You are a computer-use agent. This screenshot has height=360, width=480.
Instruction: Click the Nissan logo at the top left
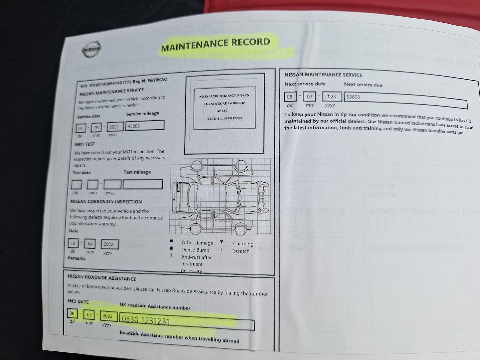click(92, 49)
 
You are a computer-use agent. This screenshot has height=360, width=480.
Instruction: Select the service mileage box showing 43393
click(145, 125)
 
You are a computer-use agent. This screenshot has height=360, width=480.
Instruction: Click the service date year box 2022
click(115, 127)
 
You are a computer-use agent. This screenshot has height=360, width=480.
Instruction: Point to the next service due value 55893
click(353, 97)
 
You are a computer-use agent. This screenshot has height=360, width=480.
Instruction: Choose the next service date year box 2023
click(331, 97)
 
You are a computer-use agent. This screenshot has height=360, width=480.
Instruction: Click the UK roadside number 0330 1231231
click(146, 320)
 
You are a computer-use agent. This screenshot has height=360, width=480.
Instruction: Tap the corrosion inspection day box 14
click(73, 243)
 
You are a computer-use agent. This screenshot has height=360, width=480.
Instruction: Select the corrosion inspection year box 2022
click(109, 244)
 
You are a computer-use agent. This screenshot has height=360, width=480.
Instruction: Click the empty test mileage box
click(143, 184)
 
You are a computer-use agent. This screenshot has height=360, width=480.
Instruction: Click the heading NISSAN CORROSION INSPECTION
click(106, 202)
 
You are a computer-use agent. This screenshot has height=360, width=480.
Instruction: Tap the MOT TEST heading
click(85, 144)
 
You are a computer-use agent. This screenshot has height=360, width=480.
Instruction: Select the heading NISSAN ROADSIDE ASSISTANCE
click(102, 278)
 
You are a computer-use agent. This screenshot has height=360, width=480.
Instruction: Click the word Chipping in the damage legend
click(243, 244)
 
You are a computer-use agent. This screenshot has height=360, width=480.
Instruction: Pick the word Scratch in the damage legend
click(241, 251)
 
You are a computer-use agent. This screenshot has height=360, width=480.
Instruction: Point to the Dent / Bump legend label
click(195, 250)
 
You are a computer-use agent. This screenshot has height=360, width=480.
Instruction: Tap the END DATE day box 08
click(72, 314)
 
